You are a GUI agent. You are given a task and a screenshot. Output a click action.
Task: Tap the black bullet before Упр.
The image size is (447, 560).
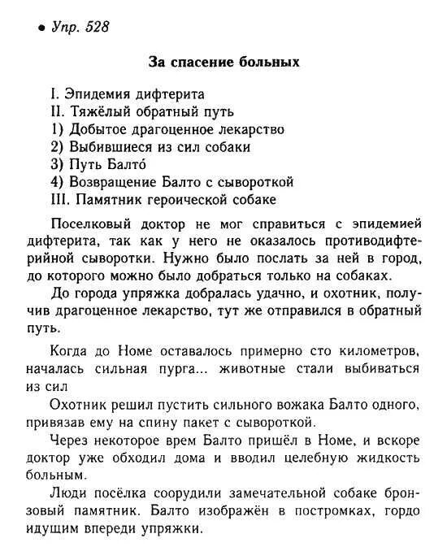coord(41,30)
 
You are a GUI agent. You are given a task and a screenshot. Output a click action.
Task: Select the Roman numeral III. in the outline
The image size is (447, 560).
coord(60,200)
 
